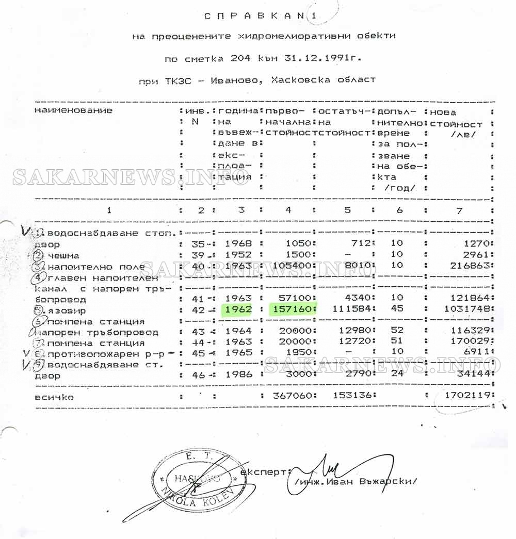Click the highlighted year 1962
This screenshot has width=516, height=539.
pyautogui.click(x=238, y=310)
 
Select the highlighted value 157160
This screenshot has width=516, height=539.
pyautogui.click(x=292, y=310)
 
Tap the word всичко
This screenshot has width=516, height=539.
pyautogui.click(x=54, y=397)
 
